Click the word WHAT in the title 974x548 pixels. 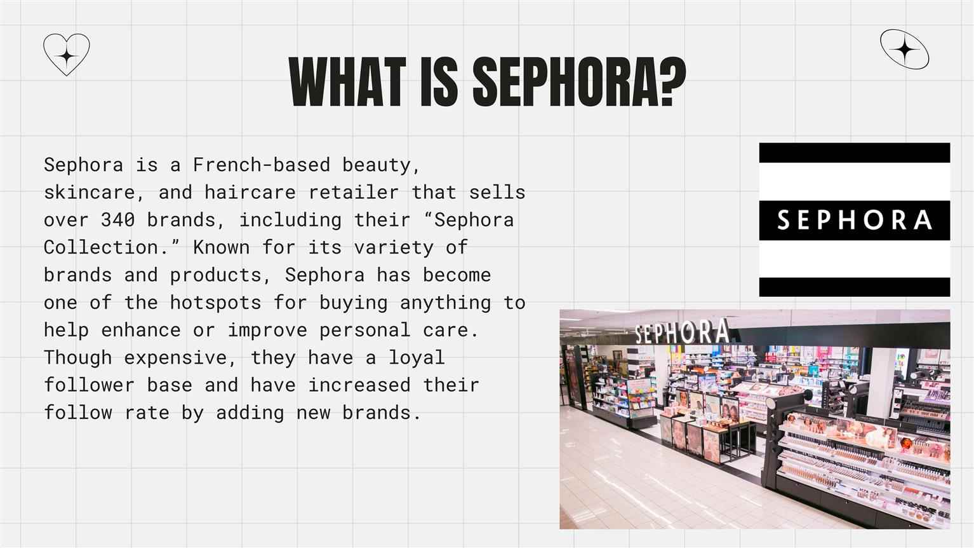pos(347,82)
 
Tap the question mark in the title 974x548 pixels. pos(672,82)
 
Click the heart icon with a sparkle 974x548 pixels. pos(67,55)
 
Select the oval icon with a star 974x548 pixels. pos(904,49)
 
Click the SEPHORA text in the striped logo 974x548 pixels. pos(855,220)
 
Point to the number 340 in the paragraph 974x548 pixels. pos(118,220)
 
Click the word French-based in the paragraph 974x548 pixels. pos(262,165)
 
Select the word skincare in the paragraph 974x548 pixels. pos(89,193)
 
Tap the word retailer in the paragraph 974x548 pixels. pos(353,193)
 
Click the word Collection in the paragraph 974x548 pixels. pos(100,247)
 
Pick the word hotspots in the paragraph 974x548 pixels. pos(215,303)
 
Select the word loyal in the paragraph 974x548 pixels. pos(416,358)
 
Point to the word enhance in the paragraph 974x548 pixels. pos(141,330)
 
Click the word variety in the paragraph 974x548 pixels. pos(394,248)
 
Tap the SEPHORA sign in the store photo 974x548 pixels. pos(682,332)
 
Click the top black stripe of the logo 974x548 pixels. pos(855,153)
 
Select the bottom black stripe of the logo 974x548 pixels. pos(855,287)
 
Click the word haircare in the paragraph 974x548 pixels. pos(250,193)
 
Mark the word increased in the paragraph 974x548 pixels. pos(359,385)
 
